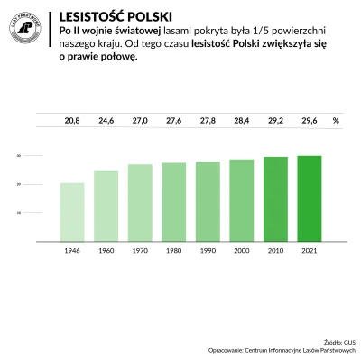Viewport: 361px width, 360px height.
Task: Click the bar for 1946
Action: point(72,209)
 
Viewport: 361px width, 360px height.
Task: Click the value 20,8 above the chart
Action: point(72,120)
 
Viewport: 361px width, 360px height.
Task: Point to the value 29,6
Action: point(310,120)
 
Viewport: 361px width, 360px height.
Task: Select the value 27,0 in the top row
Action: point(140,120)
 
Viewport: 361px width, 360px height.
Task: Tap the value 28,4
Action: point(242,120)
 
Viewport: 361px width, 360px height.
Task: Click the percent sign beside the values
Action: point(336,120)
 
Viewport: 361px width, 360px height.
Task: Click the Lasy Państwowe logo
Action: point(28,27)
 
